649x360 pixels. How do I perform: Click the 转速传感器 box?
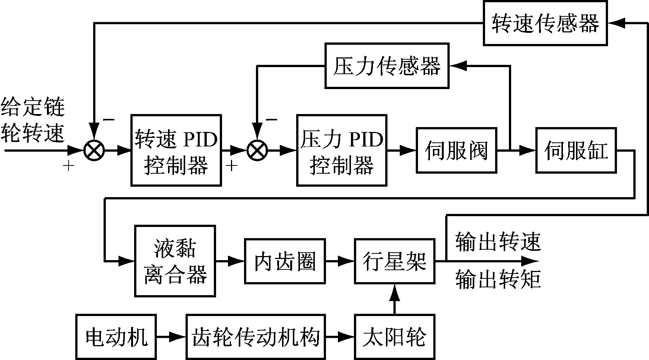coord(545,23)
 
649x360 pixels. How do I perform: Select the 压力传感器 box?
coord(387,66)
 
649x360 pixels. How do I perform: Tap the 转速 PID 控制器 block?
coord(176,151)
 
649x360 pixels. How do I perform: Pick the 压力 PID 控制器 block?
coord(342,151)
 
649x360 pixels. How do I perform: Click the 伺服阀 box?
coord(456,151)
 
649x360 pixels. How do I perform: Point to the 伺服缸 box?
coord(576,151)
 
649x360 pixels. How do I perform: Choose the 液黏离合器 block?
coord(175,261)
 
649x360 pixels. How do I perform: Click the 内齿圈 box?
coord(285,261)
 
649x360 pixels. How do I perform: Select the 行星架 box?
coord(395,261)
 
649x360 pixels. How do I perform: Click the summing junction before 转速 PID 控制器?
coord(94,151)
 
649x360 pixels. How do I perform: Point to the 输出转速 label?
coord(498,241)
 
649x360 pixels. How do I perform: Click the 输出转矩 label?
coord(498,280)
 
